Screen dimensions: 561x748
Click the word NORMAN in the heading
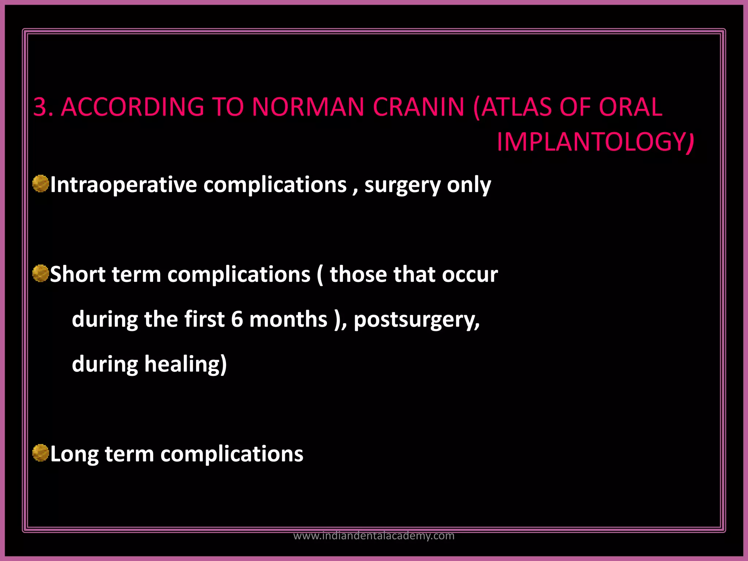coord(308,107)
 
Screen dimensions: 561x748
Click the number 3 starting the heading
coord(41,107)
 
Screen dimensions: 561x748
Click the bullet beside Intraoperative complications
coord(41,183)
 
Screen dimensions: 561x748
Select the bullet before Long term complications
coord(41,453)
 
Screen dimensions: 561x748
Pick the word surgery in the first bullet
coord(402,185)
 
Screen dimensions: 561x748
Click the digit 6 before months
coord(237,319)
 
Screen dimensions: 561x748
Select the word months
coord(288,319)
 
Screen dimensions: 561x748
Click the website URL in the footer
coord(374,536)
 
